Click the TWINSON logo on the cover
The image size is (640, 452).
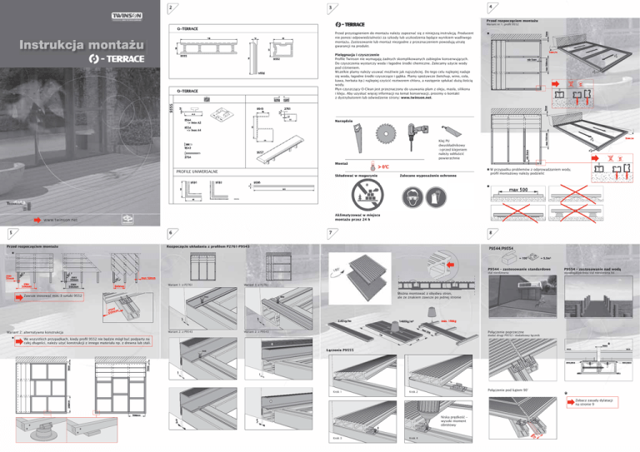pyautogui.click(x=117, y=15)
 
